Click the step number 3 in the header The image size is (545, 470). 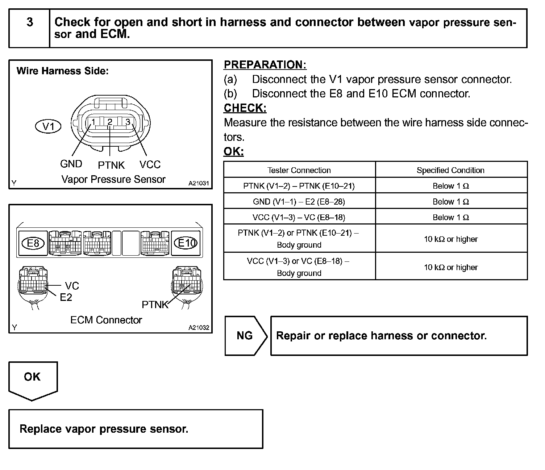click(30, 22)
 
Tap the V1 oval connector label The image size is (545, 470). click(48, 126)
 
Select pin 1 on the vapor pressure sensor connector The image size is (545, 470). click(93, 122)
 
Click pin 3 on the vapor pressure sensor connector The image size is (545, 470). click(128, 122)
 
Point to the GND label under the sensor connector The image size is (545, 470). click(71, 164)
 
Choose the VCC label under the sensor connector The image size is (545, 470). click(150, 165)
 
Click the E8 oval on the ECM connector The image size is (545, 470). click(33, 243)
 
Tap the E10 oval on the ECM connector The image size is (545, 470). click(186, 243)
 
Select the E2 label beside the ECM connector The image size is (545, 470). click(66, 297)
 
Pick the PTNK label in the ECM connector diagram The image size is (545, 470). click(155, 305)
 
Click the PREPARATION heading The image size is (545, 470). click(265, 65)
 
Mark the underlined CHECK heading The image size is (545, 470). click(245, 108)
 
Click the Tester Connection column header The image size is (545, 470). click(299, 170)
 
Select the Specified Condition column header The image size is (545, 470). click(450, 170)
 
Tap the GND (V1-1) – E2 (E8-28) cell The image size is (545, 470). click(299, 202)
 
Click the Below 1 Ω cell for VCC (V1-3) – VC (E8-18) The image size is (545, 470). click(451, 217)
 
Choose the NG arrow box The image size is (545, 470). click(245, 336)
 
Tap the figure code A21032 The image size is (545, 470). click(199, 328)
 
